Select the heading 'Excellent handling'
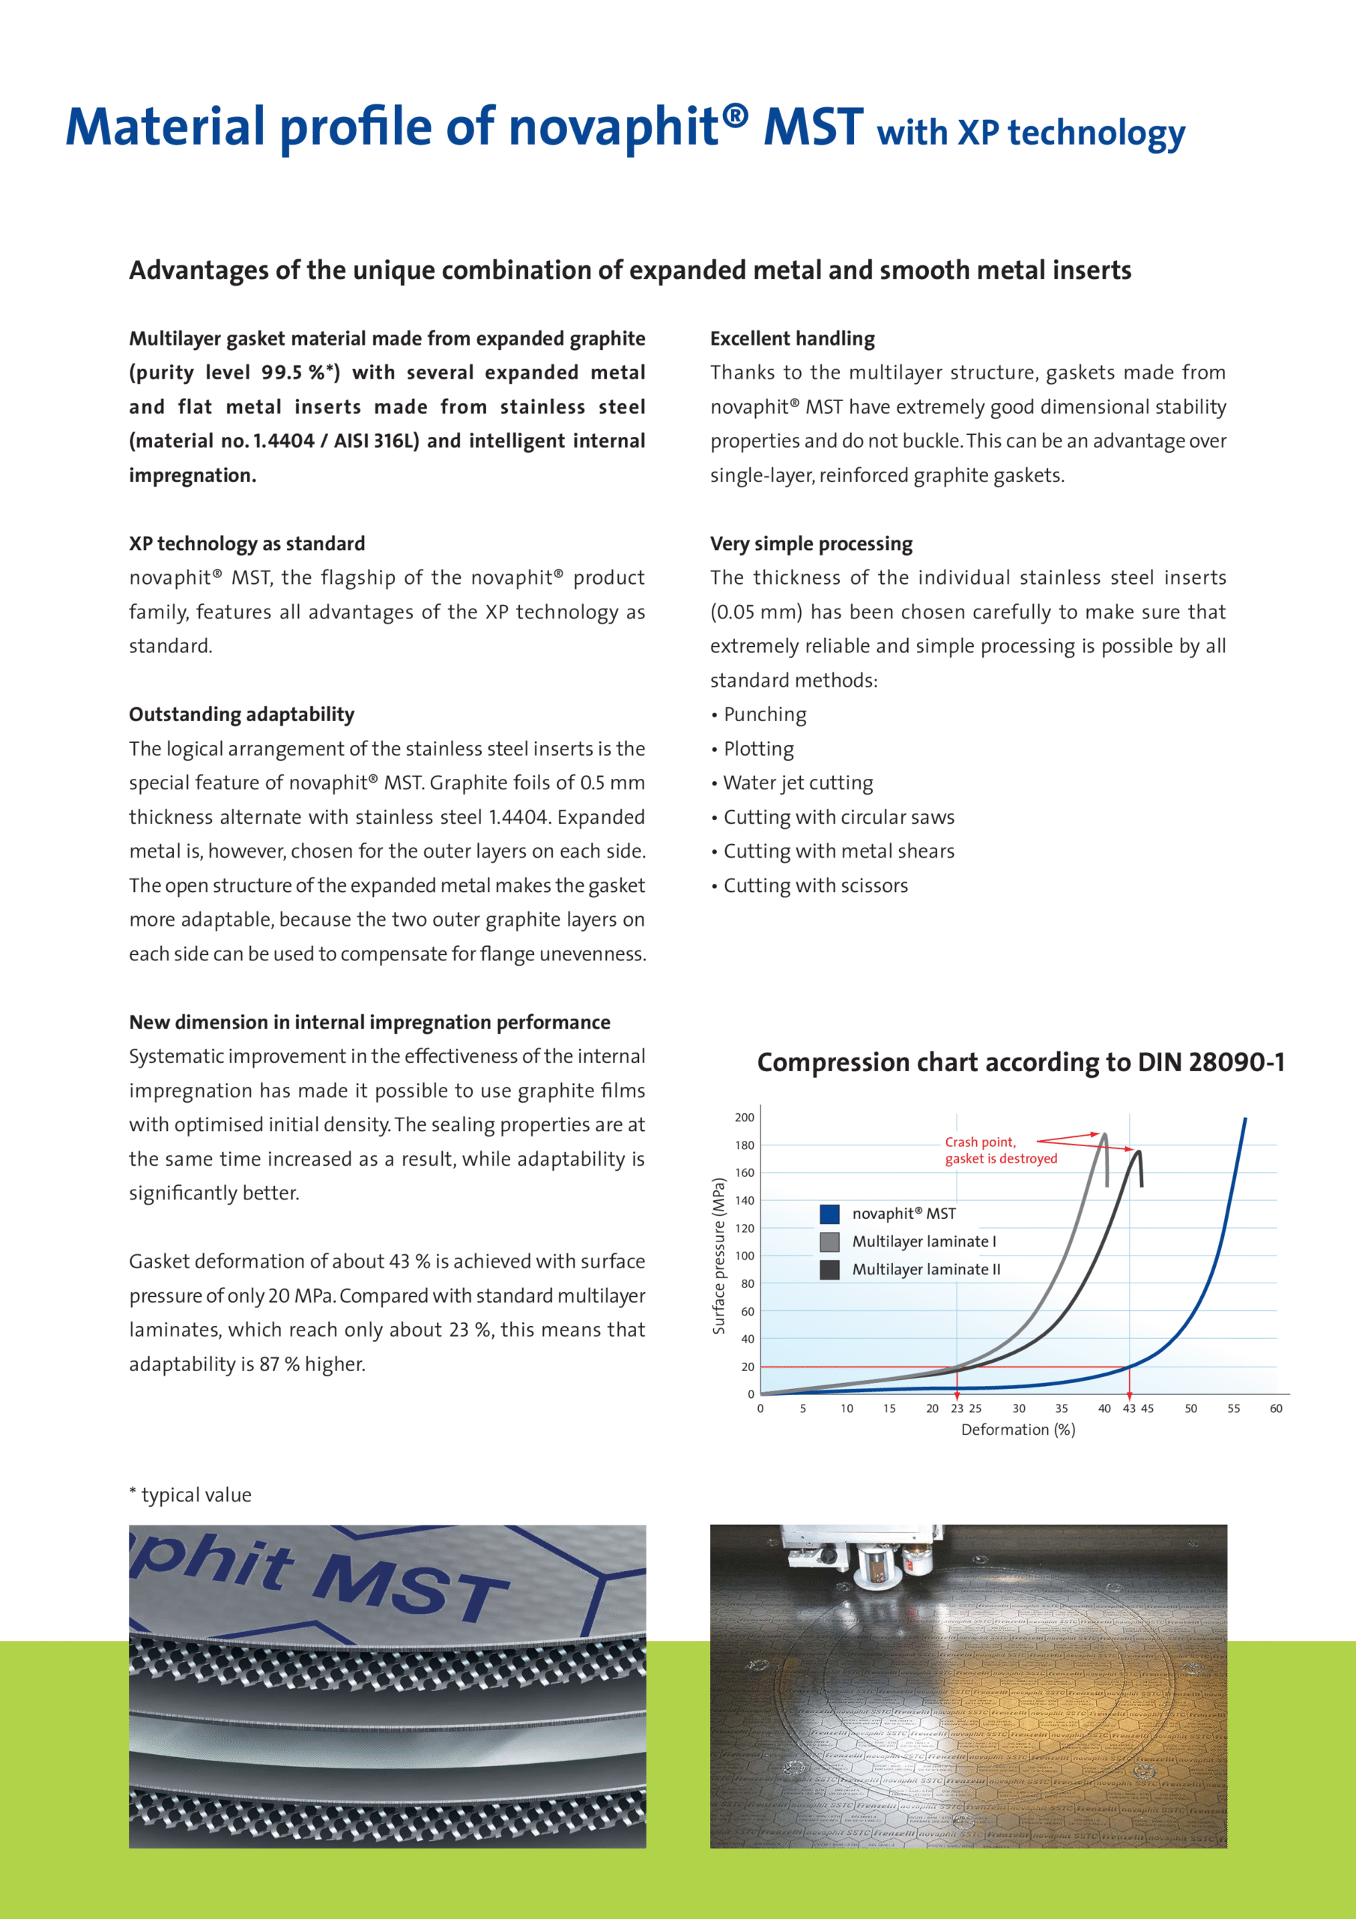tap(792, 339)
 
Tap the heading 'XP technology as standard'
tap(246, 543)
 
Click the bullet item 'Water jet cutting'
tap(798, 783)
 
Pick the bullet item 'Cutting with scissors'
tap(815, 886)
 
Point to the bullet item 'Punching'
tap(764, 714)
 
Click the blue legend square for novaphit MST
tap(829, 1214)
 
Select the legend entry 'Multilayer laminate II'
tap(926, 1270)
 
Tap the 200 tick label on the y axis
tap(745, 1118)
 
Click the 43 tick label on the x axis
tap(1129, 1409)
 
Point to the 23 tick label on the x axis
tap(957, 1409)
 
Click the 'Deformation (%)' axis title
tap(1017, 1430)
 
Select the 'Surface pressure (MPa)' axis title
tap(718, 1256)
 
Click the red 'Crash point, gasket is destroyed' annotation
tap(1000, 1150)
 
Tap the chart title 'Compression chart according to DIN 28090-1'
tap(1020, 1062)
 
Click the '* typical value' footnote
tap(190, 1495)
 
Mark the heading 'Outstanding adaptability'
tap(241, 714)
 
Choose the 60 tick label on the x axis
tap(1276, 1409)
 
